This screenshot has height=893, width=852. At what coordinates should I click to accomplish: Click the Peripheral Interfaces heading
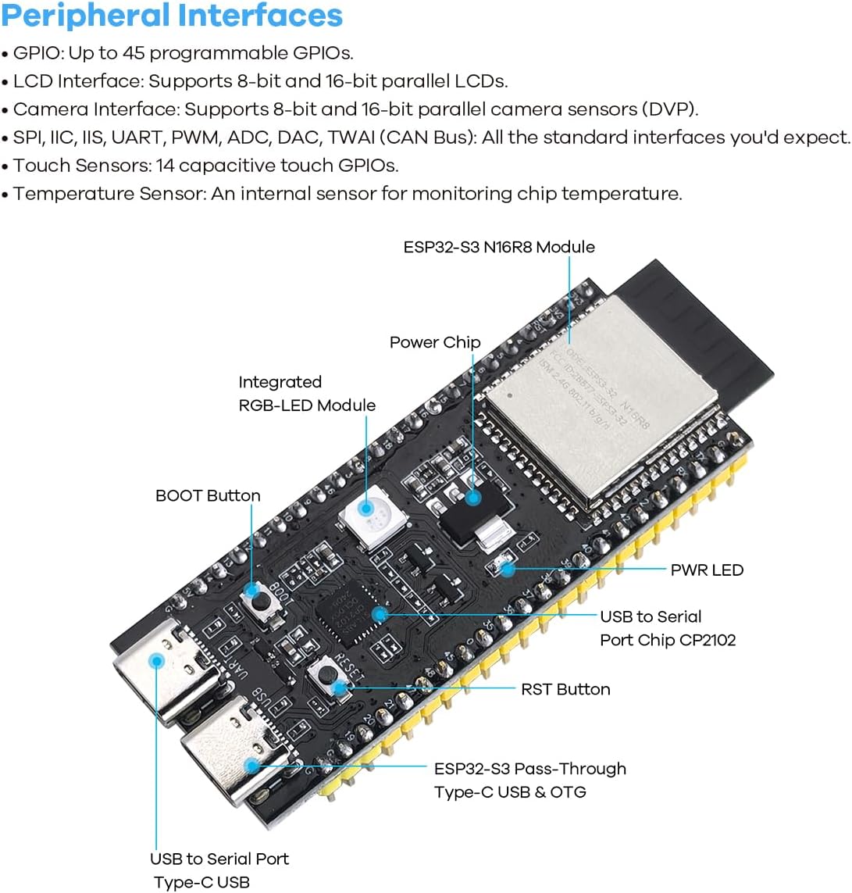pos(172,16)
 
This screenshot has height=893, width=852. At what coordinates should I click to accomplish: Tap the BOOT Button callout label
pos(208,495)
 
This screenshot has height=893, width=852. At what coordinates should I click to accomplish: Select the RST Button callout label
pos(565,689)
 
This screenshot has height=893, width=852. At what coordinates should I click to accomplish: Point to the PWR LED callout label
pos(707,570)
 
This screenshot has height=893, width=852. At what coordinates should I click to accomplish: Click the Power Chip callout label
pos(435,342)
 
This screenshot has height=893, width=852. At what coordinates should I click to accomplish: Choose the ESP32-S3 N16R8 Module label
pos(499,247)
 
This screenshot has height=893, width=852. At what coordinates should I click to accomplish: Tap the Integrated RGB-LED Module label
pos(307,394)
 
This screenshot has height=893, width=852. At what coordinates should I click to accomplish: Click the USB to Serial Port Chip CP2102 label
pos(668,628)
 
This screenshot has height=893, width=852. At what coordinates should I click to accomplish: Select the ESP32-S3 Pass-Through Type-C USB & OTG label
pos(530,780)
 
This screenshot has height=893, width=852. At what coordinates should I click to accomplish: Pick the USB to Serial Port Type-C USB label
pos(219,870)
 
